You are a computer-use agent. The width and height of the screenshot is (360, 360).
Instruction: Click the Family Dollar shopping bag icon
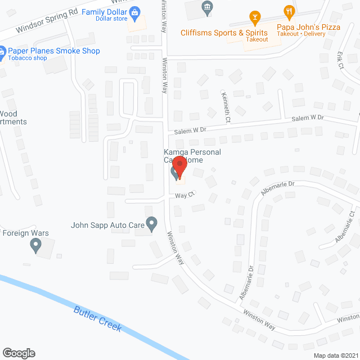(134, 11)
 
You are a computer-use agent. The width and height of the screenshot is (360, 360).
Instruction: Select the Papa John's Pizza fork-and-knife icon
(289, 12)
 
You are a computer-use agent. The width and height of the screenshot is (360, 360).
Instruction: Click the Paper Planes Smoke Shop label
(54, 51)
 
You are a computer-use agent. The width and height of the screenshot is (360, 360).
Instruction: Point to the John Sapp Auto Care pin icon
(151, 224)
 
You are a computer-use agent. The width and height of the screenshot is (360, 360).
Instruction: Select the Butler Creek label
(98, 318)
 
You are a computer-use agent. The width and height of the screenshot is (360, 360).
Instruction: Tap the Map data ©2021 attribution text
(335, 355)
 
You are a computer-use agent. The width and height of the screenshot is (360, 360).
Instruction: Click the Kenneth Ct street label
(226, 107)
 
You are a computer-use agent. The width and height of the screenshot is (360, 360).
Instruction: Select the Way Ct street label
(184, 195)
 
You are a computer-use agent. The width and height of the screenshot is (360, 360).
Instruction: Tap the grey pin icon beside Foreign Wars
(36, 245)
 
